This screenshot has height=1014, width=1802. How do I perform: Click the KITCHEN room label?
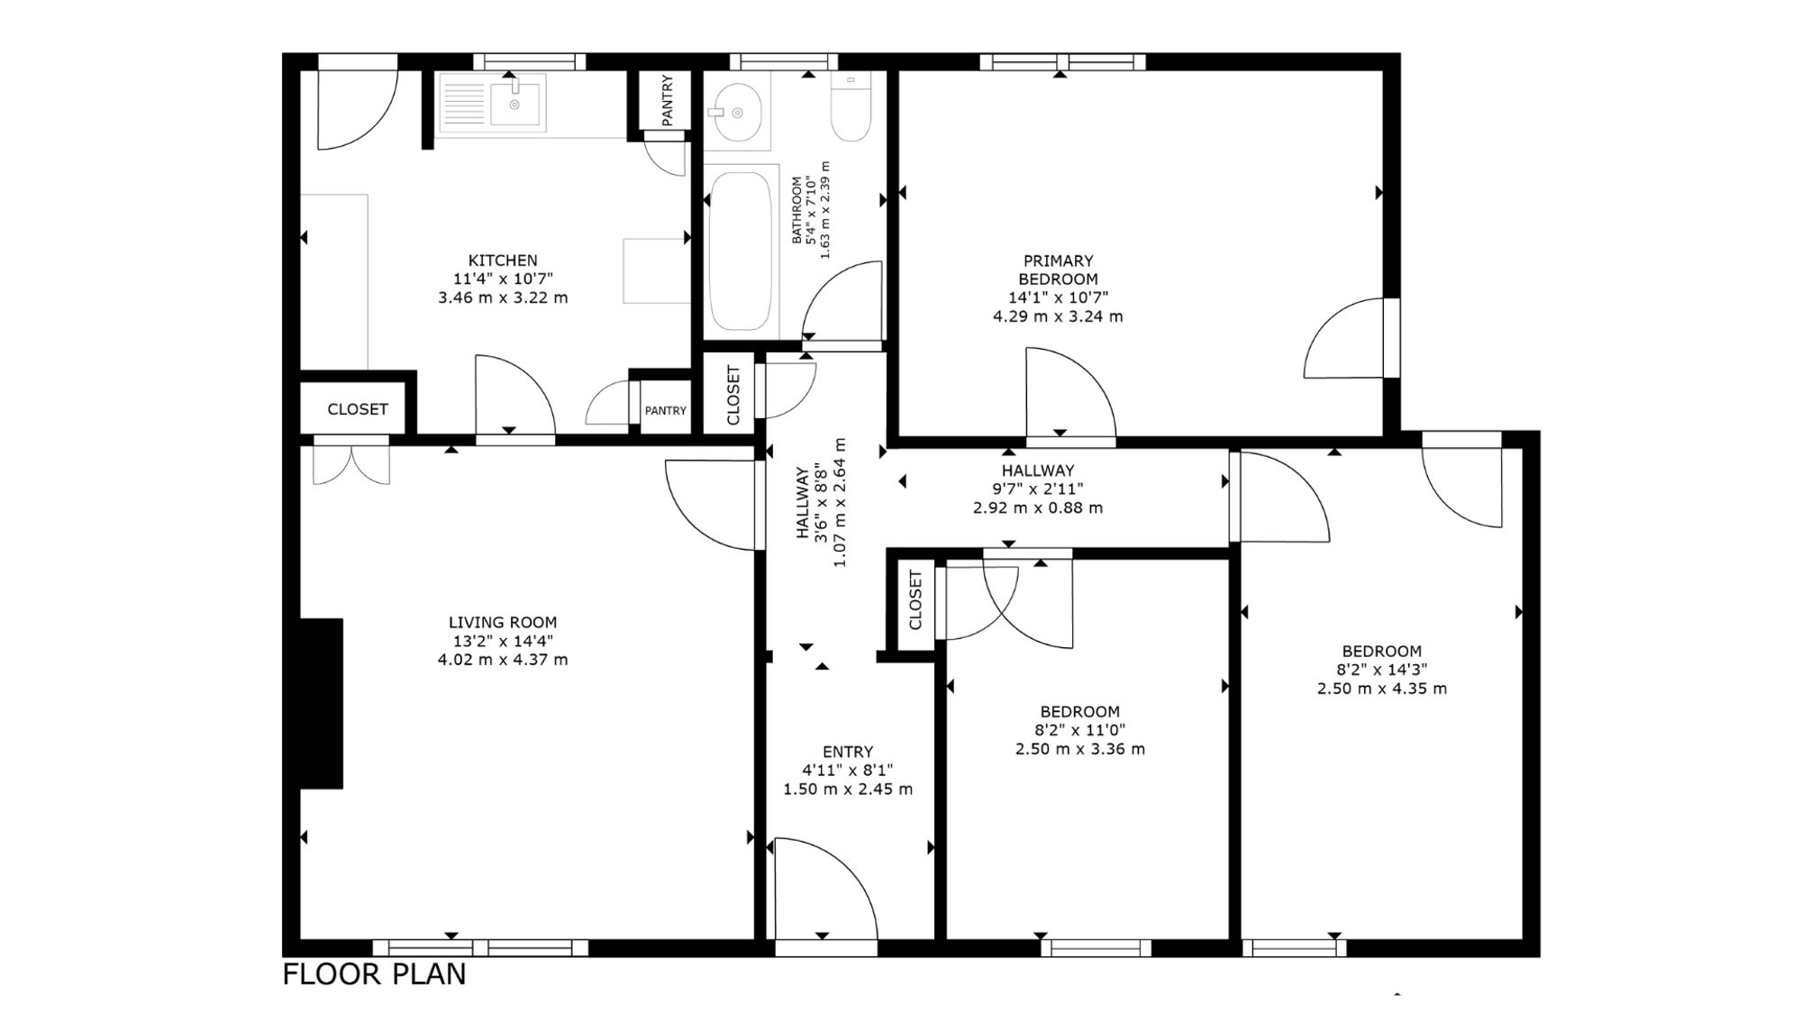[503, 260]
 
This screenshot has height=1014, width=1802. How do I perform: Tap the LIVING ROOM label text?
[503, 622]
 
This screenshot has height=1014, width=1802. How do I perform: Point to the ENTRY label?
[848, 752]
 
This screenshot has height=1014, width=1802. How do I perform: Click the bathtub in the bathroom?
[741, 251]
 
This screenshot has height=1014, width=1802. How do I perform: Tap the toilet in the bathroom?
[851, 107]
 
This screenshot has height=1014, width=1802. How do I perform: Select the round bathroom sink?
[737, 112]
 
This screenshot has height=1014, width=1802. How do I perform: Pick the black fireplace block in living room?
[322, 703]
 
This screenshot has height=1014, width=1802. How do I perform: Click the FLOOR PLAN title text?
[374, 974]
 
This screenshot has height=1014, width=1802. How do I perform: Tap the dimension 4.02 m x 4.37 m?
[503, 659]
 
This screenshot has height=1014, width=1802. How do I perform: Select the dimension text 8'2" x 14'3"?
[1381, 670]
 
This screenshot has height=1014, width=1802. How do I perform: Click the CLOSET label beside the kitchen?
[358, 409]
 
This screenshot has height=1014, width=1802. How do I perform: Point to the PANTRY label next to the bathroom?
[668, 100]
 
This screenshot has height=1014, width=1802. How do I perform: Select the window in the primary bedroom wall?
[1062, 62]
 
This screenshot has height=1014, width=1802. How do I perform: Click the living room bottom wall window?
[480, 947]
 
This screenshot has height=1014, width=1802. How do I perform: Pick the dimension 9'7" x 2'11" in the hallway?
[1038, 489]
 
